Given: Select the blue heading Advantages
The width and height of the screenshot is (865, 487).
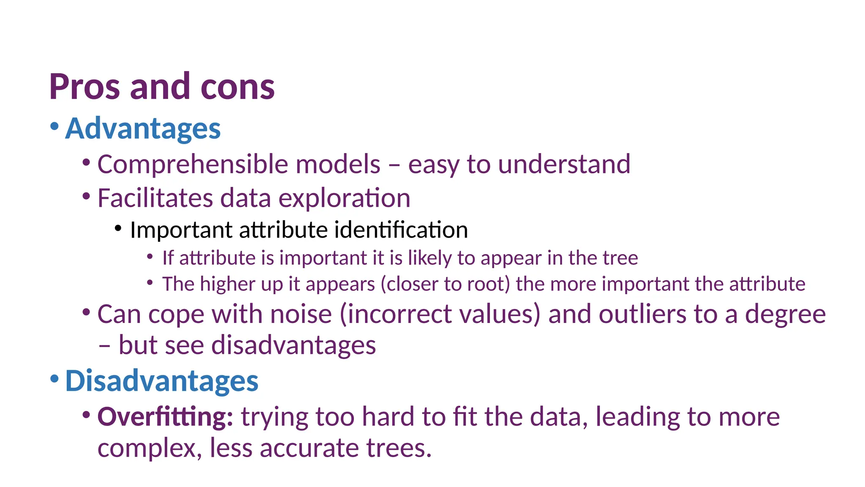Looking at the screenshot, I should point(143,128).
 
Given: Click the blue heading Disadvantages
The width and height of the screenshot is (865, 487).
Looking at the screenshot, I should point(161,380).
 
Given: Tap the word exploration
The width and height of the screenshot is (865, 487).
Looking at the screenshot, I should point(344,198).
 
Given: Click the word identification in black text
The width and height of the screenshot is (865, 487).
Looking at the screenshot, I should point(401,230).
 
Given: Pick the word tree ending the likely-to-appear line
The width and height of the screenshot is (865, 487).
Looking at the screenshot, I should point(620,258).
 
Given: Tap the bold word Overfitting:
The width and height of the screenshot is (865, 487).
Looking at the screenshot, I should point(165,417).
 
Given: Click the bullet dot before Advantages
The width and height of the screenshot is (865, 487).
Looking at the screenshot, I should point(54,126).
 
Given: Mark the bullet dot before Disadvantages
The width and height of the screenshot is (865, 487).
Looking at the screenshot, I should point(54,378).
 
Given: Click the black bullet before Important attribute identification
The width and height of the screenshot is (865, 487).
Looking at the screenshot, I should point(118,229).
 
